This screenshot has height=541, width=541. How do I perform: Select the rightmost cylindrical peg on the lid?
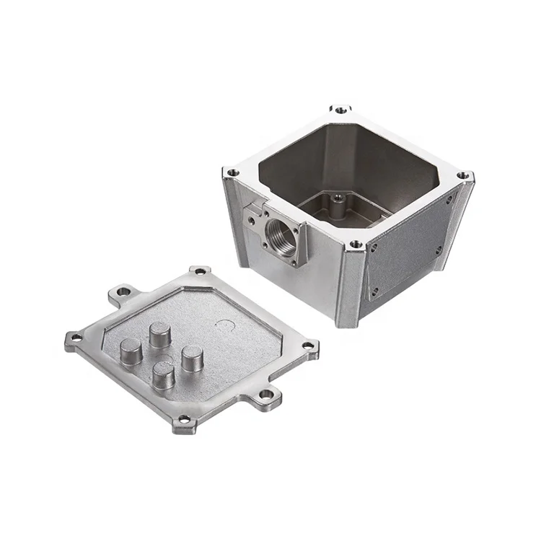[x=192, y=358]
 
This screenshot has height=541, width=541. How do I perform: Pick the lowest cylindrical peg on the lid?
[x=163, y=374]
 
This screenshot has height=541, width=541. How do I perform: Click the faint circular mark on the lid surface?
[x=226, y=325]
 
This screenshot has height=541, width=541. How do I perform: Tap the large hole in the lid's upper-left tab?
[x=123, y=292]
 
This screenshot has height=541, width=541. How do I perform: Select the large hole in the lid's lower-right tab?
[x=267, y=395]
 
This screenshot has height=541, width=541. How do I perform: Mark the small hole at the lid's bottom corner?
[x=184, y=419]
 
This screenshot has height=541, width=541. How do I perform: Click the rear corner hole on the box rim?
[x=340, y=110]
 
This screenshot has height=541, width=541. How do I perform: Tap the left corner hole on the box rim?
[x=232, y=173]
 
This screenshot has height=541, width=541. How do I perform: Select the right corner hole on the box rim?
[x=465, y=175]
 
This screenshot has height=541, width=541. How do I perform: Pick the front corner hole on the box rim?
[x=355, y=245]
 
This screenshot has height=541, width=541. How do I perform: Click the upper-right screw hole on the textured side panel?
[x=449, y=200]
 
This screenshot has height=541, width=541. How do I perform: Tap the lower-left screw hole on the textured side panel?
[x=373, y=291]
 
